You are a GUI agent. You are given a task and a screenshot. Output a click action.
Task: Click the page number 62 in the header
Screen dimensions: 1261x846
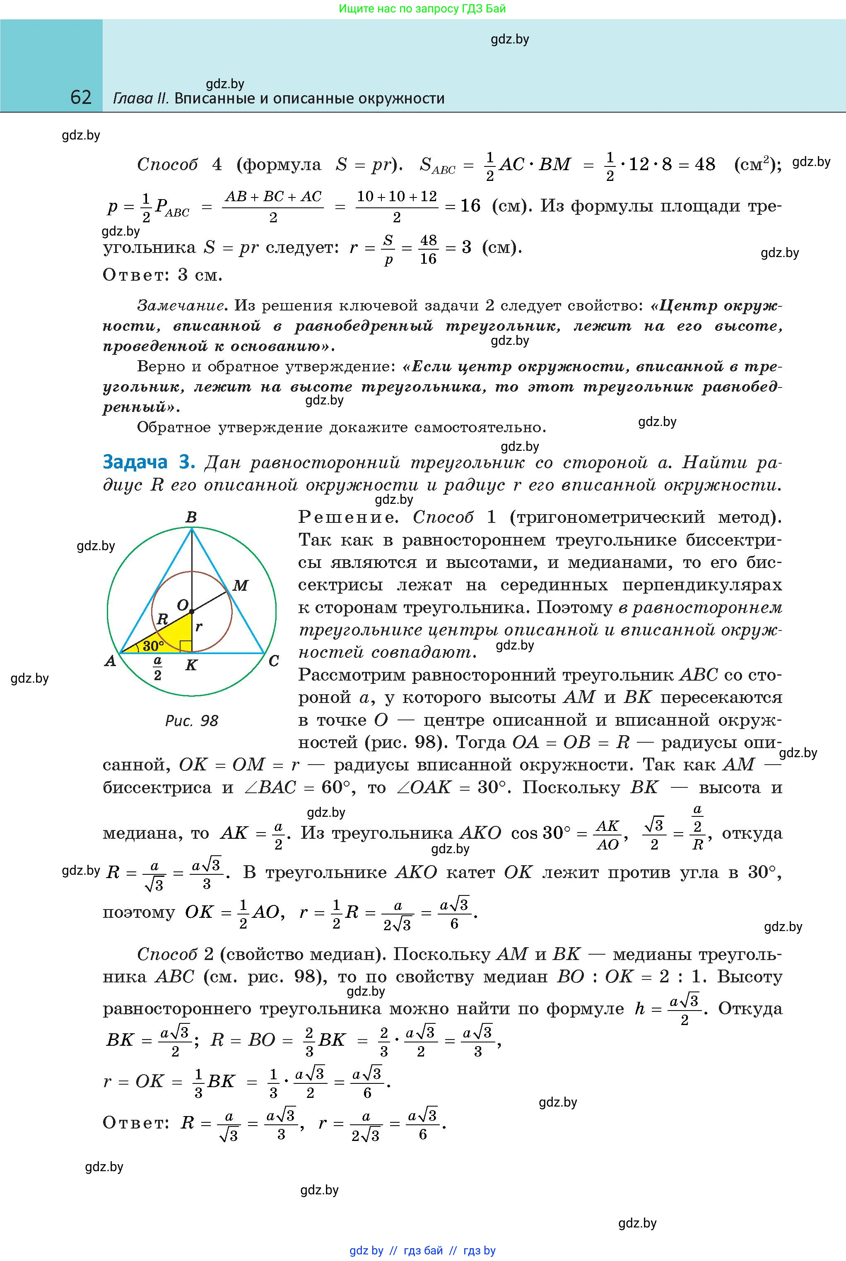[x=81, y=97]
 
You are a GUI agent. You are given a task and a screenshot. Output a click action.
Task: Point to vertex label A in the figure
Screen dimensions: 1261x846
[x=110, y=661]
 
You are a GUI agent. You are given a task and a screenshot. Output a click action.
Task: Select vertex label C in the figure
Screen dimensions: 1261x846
[x=274, y=661]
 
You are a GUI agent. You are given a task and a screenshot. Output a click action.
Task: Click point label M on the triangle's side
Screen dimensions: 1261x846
[x=240, y=586]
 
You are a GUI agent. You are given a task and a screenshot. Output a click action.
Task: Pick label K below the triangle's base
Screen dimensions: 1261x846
[x=191, y=666]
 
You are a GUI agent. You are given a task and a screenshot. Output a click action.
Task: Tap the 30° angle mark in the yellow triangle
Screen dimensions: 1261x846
[x=153, y=645]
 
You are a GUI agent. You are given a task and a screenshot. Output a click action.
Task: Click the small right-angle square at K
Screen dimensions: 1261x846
[x=186, y=647]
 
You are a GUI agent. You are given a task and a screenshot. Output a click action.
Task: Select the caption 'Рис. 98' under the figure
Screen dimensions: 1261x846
[x=192, y=721]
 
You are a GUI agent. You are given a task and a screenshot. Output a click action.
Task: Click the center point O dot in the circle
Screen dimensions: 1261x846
[x=192, y=612]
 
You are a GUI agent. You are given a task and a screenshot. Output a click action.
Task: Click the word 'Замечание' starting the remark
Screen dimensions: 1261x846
[x=180, y=306]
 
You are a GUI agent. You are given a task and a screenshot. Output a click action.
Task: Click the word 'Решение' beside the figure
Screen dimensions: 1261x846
[x=347, y=517]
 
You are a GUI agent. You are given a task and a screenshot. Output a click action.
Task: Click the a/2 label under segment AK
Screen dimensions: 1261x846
[x=157, y=668]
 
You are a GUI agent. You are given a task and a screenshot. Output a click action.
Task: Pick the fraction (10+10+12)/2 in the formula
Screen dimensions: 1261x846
[x=397, y=207]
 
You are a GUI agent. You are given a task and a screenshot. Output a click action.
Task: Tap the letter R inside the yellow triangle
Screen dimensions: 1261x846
[x=162, y=619]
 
